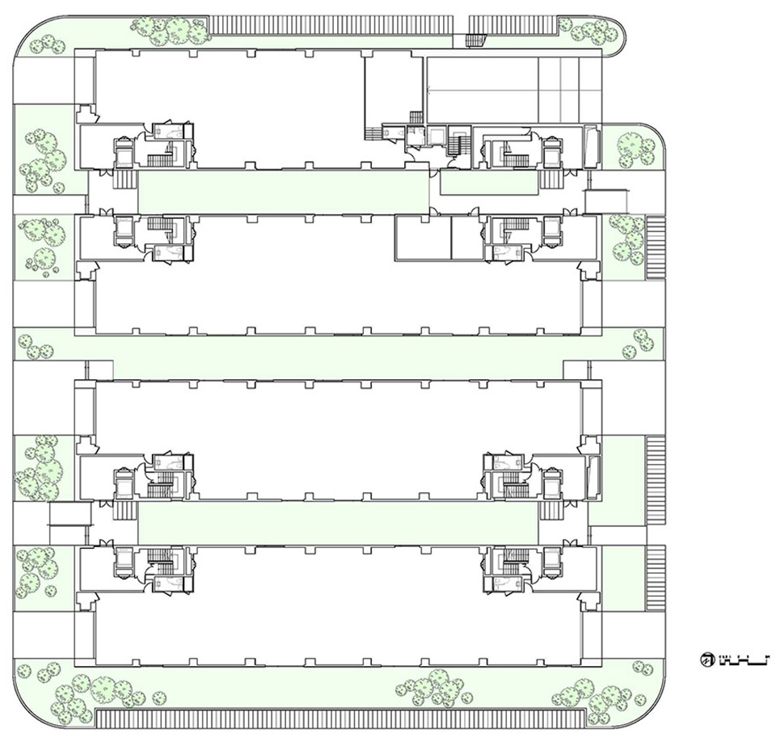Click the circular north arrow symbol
706,660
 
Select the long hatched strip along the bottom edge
339,718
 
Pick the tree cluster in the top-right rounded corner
594,30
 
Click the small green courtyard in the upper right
489,183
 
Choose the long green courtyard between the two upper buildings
283,192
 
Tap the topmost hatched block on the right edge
654,247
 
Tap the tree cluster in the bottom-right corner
594,694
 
